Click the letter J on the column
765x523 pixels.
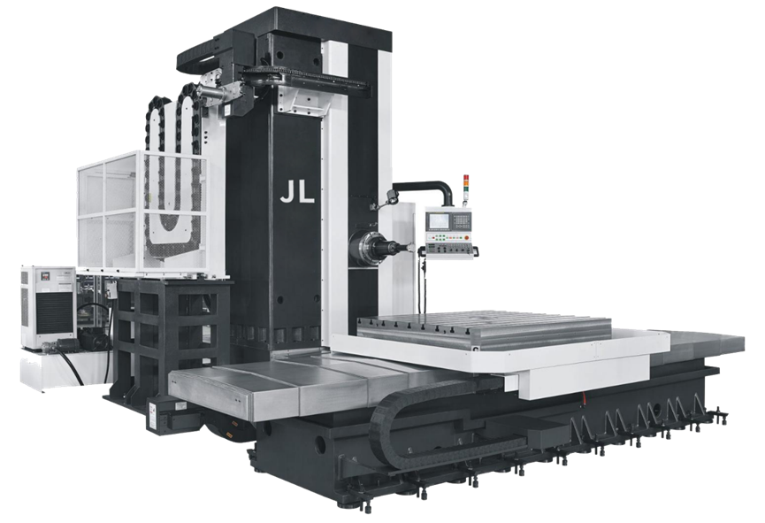tap(287, 192)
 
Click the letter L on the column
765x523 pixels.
tap(305, 192)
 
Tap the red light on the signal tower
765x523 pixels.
tap(465, 177)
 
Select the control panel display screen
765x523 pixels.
tap(439, 221)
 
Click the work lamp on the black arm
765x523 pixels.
tap(392, 196)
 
